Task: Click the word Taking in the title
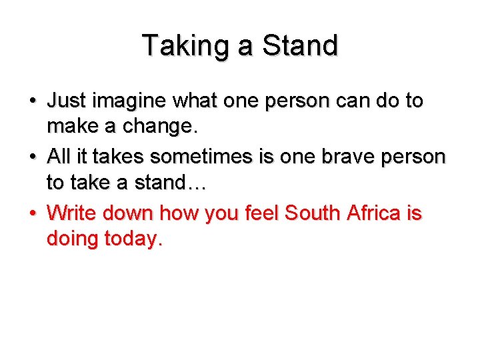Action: coord(174,46)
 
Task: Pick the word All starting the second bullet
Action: coord(61,157)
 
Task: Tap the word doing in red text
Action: coord(71,239)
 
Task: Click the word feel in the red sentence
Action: coord(260,214)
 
